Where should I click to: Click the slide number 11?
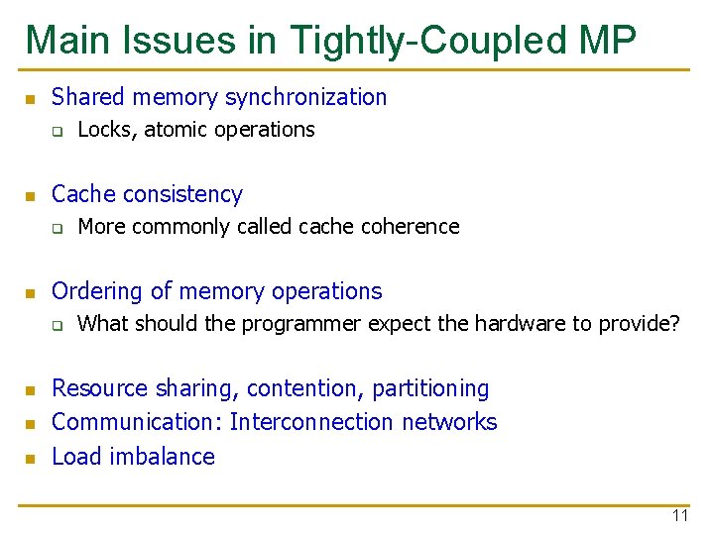click(x=679, y=516)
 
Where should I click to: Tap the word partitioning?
click(x=431, y=388)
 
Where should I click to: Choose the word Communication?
click(x=137, y=422)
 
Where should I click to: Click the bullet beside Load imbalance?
click(x=30, y=458)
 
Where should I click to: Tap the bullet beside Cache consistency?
click(x=30, y=195)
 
